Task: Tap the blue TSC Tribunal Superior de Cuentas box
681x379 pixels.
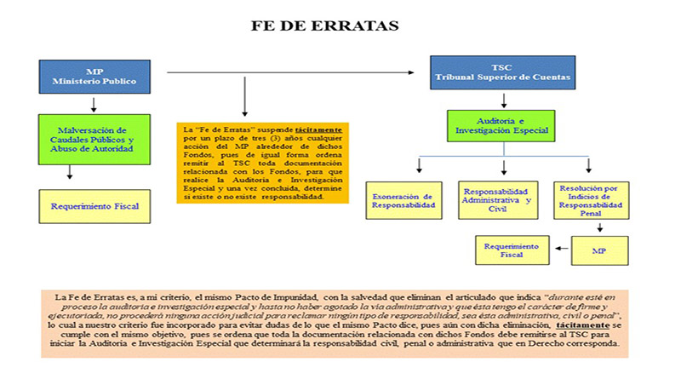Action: pyautogui.click(x=501, y=74)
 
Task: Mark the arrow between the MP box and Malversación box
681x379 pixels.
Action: pyautogui.click(x=94, y=104)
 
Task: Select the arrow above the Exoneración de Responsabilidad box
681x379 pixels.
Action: pyautogui.click(x=419, y=167)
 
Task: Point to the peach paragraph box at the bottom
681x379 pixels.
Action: pyautogui.click(x=335, y=323)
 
